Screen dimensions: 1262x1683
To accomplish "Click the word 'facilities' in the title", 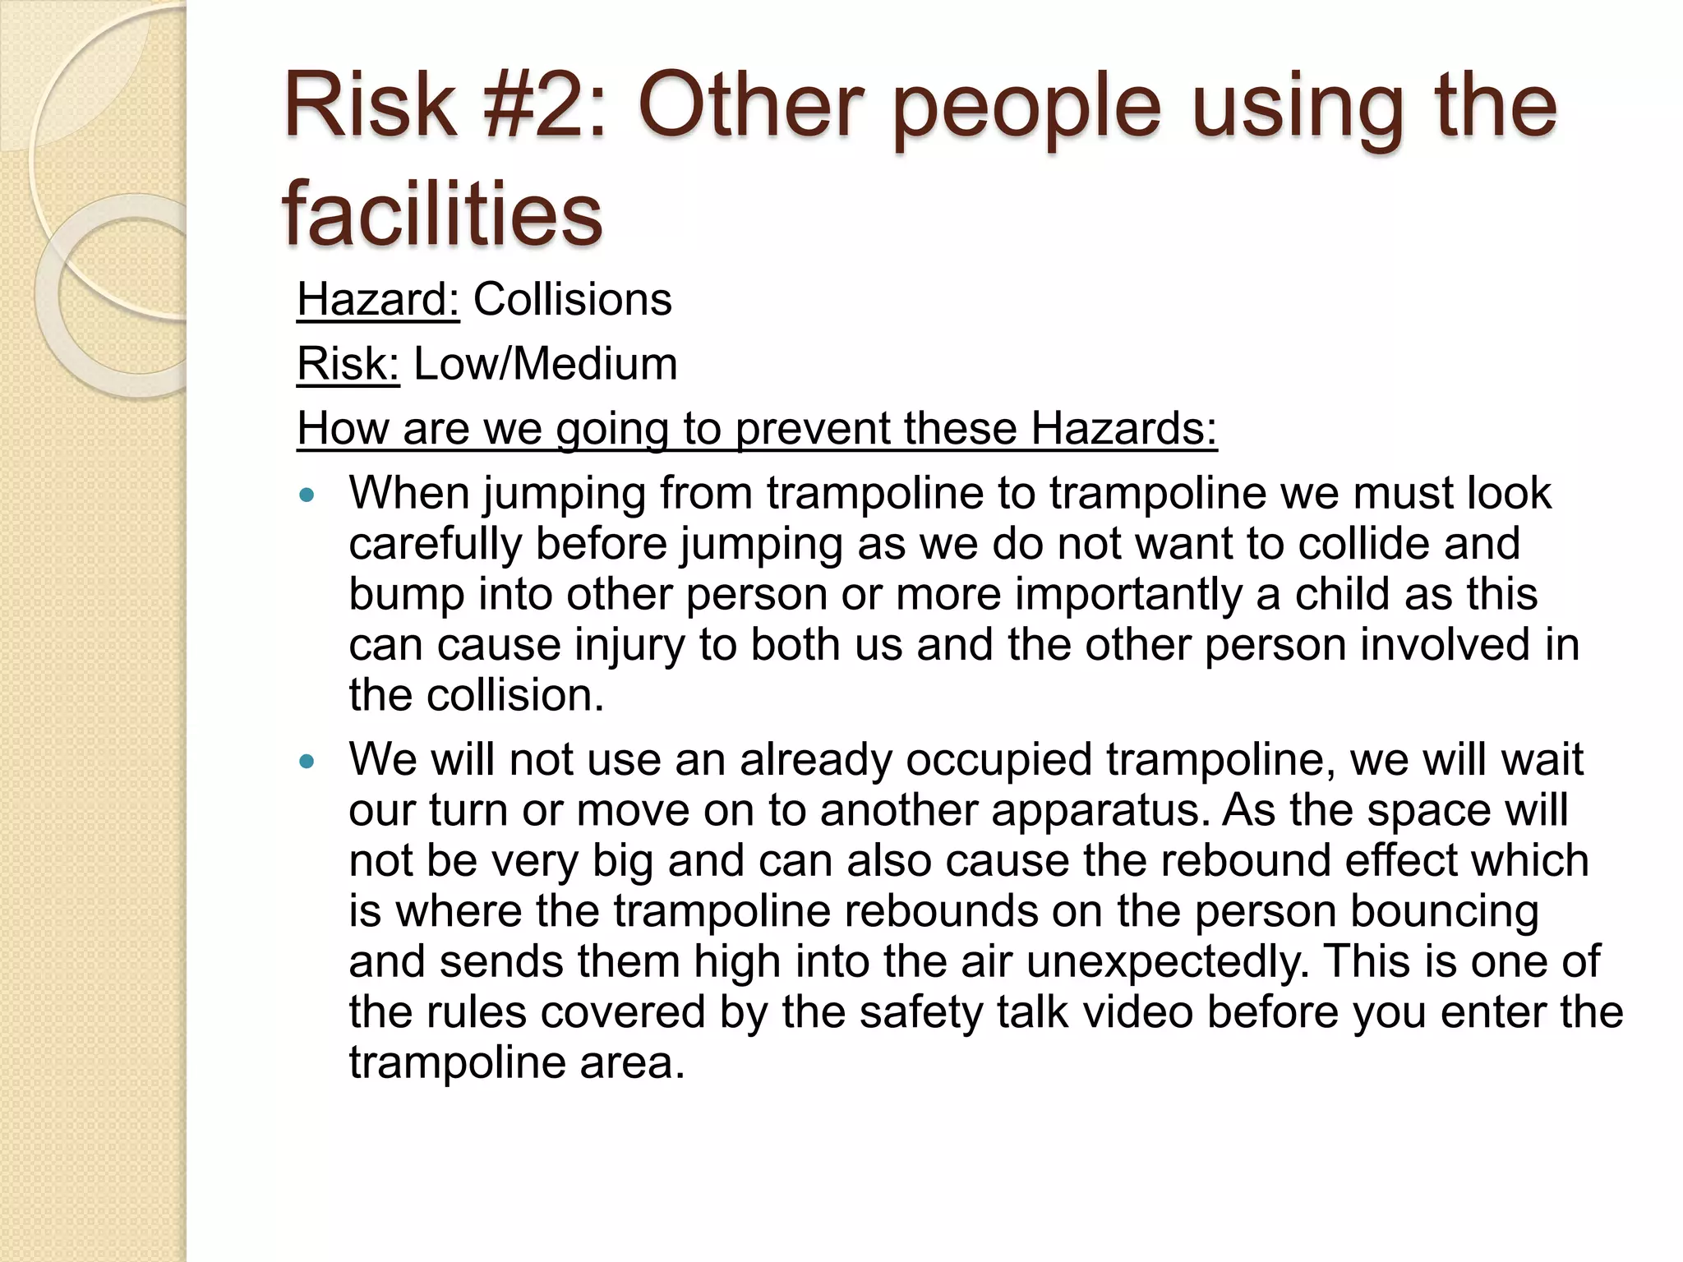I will point(442,214).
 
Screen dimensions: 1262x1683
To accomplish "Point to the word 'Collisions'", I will point(573,299).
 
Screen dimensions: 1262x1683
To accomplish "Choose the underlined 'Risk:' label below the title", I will point(348,364).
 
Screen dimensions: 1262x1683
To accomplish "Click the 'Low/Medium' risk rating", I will point(546,364).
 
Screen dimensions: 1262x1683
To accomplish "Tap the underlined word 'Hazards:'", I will point(1123,428).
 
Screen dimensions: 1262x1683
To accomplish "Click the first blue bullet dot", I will point(307,495).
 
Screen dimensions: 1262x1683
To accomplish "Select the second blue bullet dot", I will point(307,762).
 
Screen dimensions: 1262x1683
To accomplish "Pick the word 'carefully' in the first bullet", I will point(436,544).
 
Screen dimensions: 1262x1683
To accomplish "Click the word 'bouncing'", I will point(1444,912).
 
